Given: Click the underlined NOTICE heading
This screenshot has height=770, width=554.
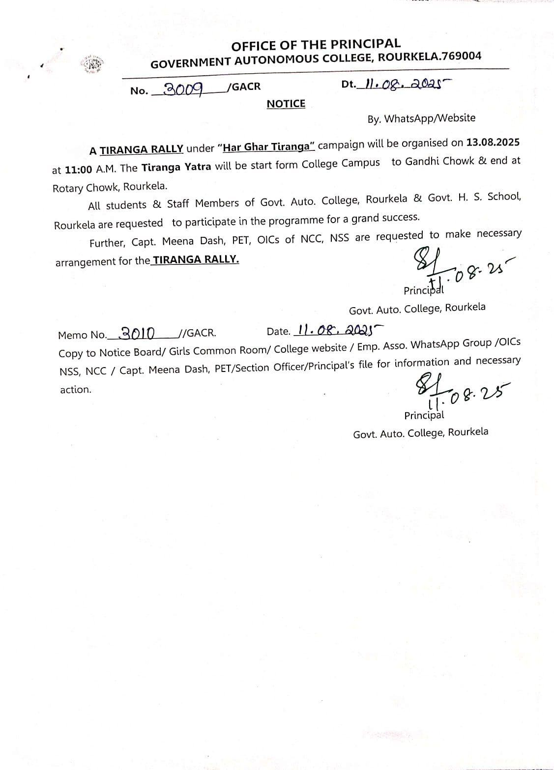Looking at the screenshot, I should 286,104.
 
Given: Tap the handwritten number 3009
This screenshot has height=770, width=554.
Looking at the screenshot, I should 183,88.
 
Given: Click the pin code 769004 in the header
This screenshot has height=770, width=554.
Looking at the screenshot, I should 462,56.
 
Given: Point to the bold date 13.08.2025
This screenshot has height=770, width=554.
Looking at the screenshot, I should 493,143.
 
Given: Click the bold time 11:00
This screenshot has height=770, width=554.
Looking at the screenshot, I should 79,170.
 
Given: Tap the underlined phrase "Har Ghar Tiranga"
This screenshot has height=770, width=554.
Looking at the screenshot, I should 268,146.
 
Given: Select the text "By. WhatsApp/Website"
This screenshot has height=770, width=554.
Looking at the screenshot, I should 421,118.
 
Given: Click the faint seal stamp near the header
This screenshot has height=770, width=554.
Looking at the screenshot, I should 93,64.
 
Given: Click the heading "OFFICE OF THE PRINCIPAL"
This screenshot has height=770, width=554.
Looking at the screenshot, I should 316,45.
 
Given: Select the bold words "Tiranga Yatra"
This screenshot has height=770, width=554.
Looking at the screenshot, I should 176,167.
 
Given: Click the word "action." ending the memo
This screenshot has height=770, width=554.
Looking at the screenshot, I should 76,390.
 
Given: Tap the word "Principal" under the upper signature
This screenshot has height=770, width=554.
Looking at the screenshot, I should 423,290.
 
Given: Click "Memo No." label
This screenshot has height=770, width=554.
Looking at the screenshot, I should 82,335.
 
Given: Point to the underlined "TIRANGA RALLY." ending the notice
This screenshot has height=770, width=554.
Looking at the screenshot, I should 196,259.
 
